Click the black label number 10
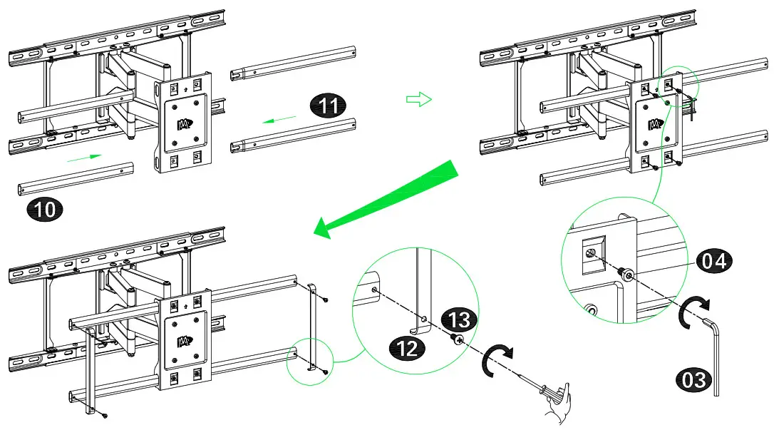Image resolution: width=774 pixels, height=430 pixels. (x=44, y=210)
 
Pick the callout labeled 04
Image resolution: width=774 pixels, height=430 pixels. (x=713, y=261)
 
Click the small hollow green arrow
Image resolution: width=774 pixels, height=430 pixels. (x=419, y=100)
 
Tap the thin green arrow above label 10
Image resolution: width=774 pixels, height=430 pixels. (x=83, y=158)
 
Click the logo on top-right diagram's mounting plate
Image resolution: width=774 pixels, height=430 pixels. (x=654, y=124)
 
